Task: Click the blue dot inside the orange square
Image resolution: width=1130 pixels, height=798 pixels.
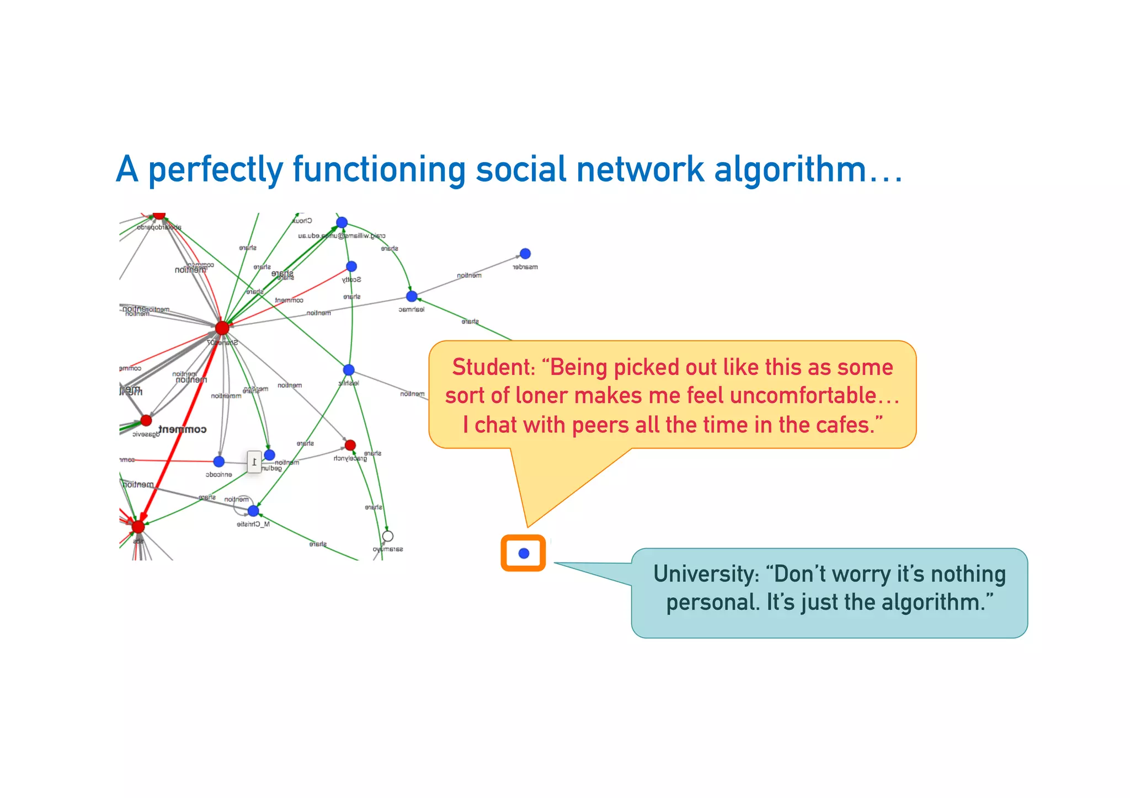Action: point(524,553)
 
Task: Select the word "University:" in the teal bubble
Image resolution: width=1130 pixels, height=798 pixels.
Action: point(706,574)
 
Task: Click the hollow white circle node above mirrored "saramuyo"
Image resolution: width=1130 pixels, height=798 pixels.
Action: point(388,536)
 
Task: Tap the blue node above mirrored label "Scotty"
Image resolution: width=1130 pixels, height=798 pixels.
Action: point(351,266)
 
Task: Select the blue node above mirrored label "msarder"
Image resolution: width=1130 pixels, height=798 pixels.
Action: point(525,254)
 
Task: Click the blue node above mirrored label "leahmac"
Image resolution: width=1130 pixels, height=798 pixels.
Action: point(412,297)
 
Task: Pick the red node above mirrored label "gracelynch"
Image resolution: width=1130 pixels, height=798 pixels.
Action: point(350,445)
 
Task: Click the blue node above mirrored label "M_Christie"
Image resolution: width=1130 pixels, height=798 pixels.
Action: point(253,511)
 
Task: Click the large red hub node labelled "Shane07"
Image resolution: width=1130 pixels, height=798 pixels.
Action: point(222,328)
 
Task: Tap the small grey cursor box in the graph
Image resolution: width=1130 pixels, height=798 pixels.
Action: point(254,462)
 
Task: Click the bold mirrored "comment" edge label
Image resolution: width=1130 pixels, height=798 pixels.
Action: point(183,430)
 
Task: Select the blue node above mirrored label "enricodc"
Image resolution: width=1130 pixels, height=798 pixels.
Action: point(219,462)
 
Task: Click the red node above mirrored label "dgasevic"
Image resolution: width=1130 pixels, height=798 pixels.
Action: point(146,421)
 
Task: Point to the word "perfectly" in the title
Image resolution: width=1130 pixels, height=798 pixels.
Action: point(216,170)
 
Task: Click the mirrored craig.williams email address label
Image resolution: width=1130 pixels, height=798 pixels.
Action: point(342,235)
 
